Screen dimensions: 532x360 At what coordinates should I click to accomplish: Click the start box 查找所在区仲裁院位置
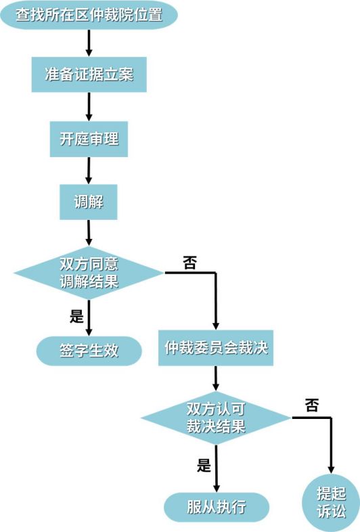[89, 15]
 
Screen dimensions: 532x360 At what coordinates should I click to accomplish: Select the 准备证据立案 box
[89, 74]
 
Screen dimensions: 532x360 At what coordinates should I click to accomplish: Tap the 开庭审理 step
[89, 139]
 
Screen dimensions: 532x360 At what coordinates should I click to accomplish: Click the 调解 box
[89, 201]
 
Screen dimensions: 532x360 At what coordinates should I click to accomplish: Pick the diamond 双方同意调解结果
[89, 273]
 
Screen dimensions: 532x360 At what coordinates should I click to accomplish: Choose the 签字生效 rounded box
[89, 351]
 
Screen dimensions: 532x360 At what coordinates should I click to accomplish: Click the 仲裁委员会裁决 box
[216, 348]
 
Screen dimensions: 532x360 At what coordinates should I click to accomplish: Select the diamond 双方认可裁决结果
[216, 418]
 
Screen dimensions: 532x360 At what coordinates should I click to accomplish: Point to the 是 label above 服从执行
[204, 465]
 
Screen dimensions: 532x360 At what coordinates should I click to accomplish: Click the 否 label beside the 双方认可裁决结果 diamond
[312, 405]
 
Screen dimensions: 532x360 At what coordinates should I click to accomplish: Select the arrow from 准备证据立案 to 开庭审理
[89, 107]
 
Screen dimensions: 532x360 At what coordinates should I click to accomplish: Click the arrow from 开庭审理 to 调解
[89, 170]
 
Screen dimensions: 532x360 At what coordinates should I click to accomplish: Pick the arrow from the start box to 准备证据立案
[89, 43]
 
